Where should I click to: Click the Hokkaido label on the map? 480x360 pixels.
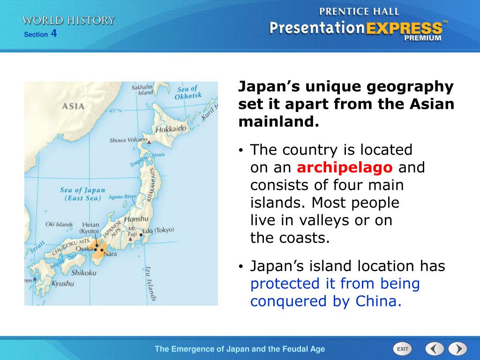tap(171, 128)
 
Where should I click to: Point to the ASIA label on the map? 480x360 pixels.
tap(74, 106)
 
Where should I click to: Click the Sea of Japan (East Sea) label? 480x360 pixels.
tap(82, 194)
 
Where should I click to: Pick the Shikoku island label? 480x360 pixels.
tap(84, 272)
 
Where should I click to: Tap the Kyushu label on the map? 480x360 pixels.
tap(62, 284)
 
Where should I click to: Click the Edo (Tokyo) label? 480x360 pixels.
tap(158, 230)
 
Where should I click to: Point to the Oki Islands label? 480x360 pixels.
tap(59, 224)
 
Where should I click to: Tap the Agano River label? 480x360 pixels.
tap(122, 197)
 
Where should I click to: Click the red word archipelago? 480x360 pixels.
tap(345, 167)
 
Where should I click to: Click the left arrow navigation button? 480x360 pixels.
tap(435, 349)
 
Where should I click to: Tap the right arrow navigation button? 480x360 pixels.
tap(457, 349)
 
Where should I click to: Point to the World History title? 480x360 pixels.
tap(68, 20)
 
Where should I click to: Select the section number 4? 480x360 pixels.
tap(54, 33)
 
